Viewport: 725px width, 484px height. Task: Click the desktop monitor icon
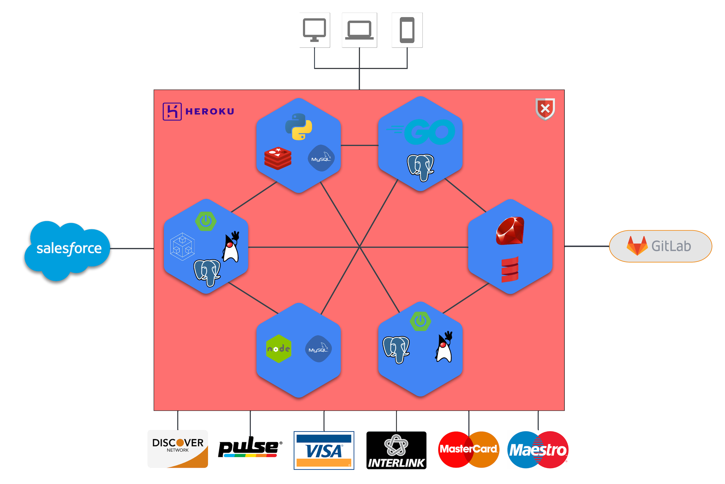pyautogui.click(x=314, y=30)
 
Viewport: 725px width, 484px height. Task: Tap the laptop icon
pyautogui.click(x=359, y=30)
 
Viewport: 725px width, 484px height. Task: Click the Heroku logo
pyautogui.click(x=198, y=111)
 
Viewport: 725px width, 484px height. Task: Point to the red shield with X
pyautogui.click(x=545, y=109)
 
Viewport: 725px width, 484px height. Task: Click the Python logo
pyautogui.click(x=298, y=127)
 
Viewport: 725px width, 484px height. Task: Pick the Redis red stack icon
pyautogui.click(x=278, y=158)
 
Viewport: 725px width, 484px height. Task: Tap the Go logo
pyautogui.click(x=421, y=132)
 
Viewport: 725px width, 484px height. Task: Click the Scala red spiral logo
pyautogui.click(x=510, y=269)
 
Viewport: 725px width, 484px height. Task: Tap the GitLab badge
pyautogui.click(x=660, y=246)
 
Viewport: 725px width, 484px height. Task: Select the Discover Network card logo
pyautogui.click(x=178, y=448)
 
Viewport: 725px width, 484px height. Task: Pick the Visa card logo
pyautogui.click(x=324, y=450)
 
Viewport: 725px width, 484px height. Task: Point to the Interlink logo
pyautogui.click(x=396, y=450)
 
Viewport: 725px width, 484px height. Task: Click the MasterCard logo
pyautogui.click(x=468, y=449)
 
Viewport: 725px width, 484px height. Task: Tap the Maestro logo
pyautogui.click(x=538, y=450)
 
